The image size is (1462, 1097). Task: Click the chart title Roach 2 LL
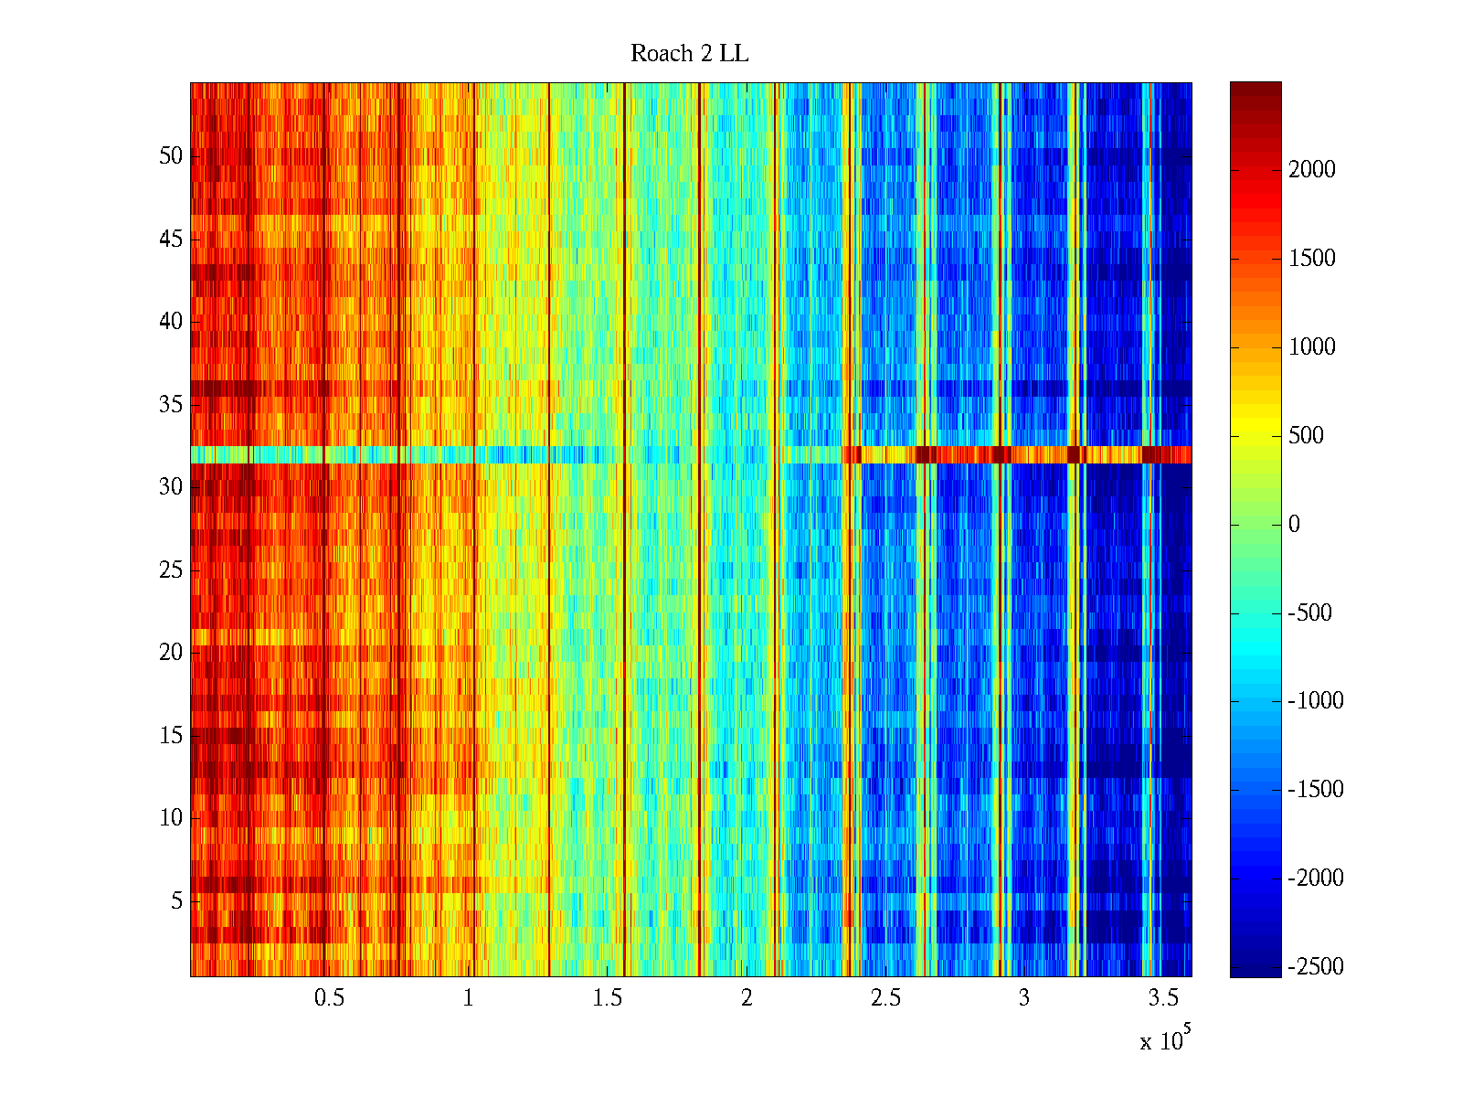(689, 54)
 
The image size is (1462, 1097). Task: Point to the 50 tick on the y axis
(171, 156)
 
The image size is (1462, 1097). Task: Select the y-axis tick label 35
(171, 405)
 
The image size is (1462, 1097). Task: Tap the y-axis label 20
(171, 653)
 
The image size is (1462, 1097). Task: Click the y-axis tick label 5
(176, 901)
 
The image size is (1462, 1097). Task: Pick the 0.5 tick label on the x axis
(329, 998)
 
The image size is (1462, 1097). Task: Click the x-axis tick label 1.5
(607, 998)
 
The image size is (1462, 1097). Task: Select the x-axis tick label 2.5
(885, 998)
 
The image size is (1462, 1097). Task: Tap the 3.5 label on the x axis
(1162, 998)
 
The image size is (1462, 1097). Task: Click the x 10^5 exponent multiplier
(1165, 1039)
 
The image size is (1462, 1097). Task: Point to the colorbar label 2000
(1312, 170)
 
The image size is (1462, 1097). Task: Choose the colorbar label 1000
(1312, 347)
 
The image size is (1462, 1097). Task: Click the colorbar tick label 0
(1294, 525)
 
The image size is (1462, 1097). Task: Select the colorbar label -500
(1309, 613)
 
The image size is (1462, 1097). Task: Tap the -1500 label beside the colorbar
(1316, 790)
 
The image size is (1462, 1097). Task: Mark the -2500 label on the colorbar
(1316, 967)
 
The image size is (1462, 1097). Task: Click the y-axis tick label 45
(171, 240)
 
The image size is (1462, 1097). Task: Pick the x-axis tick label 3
(1023, 998)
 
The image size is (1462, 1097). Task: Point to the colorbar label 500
(1306, 436)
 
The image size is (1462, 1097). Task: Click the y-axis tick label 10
(171, 818)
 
